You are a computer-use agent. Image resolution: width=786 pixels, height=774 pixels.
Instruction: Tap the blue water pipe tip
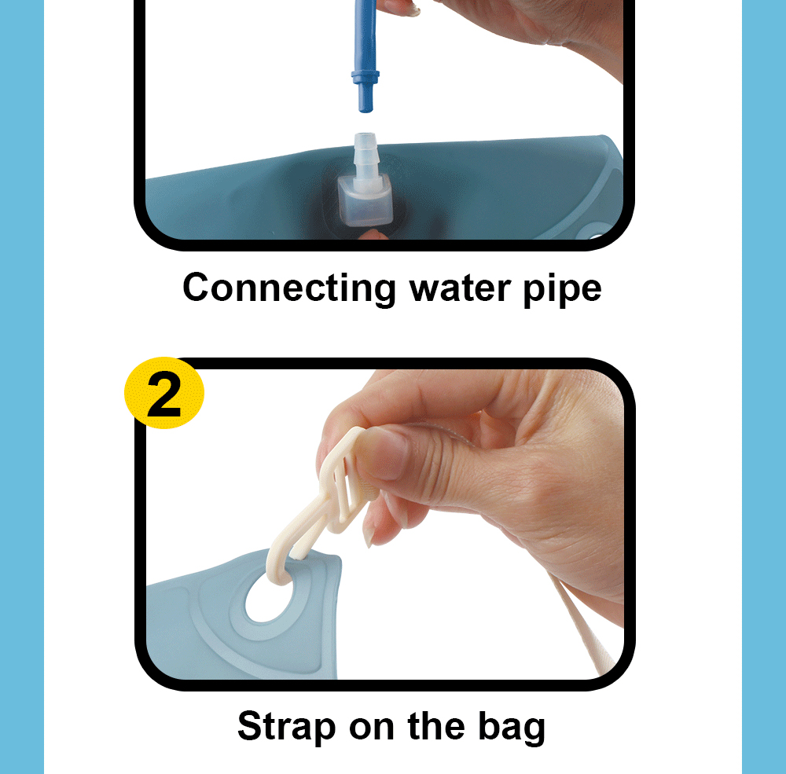tap(364, 99)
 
